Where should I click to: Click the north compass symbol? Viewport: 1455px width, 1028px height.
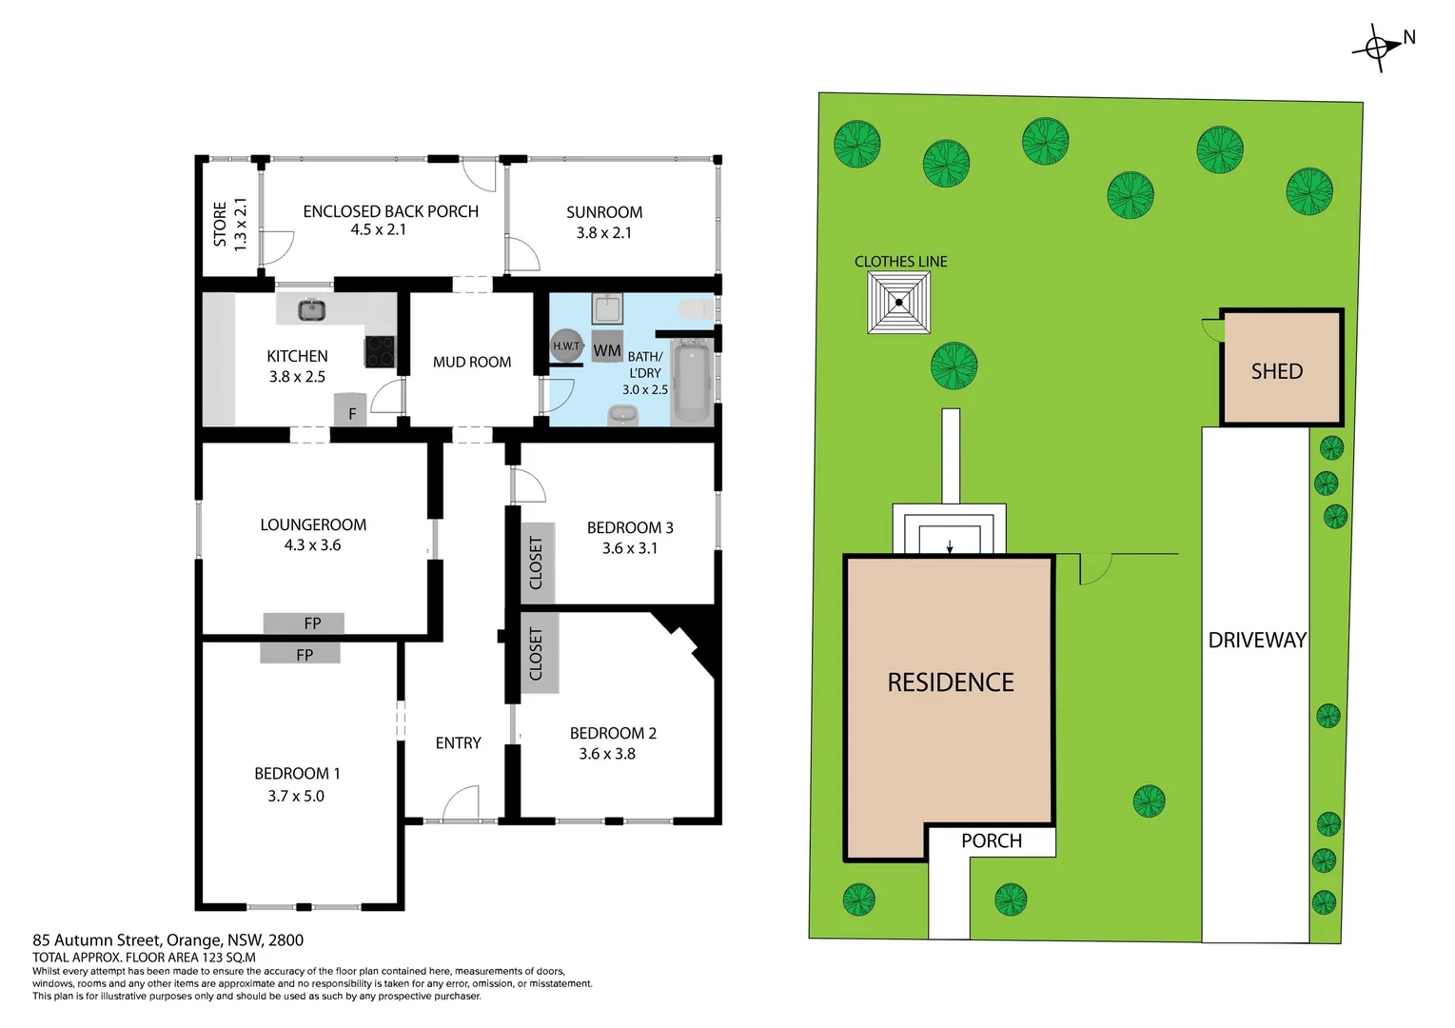pyautogui.click(x=1377, y=47)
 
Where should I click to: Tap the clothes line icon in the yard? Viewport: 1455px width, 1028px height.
pyautogui.click(x=898, y=303)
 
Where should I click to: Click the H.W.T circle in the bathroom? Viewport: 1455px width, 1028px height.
pyautogui.click(x=566, y=346)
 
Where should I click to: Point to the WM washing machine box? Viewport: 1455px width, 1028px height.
pyautogui.click(x=607, y=349)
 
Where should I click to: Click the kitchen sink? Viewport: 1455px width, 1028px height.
pyautogui.click(x=311, y=309)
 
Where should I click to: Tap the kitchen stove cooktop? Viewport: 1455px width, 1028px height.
pyautogui.click(x=381, y=351)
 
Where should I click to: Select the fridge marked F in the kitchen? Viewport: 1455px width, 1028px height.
pyautogui.click(x=350, y=411)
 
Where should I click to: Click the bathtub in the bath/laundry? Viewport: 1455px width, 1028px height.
pyautogui.click(x=691, y=384)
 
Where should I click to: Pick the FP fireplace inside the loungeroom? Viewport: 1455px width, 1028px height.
pyautogui.click(x=304, y=623)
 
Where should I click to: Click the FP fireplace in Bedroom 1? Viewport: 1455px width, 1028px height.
pyautogui.click(x=300, y=654)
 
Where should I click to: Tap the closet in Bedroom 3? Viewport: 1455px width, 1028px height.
pyautogui.click(x=537, y=563)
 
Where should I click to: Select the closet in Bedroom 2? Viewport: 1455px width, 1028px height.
pyautogui.click(x=537, y=653)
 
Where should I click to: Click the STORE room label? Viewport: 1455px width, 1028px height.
pyautogui.click(x=221, y=225)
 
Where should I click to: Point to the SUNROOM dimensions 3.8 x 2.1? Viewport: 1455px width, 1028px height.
pyautogui.click(x=603, y=232)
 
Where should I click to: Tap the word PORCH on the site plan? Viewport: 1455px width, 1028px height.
pyautogui.click(x=991, y=840)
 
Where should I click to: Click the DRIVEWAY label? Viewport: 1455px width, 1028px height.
pyautogui.click(x=1256, y=640)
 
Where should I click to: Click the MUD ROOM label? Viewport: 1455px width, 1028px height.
pyautogui.click(x=471, y=362)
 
